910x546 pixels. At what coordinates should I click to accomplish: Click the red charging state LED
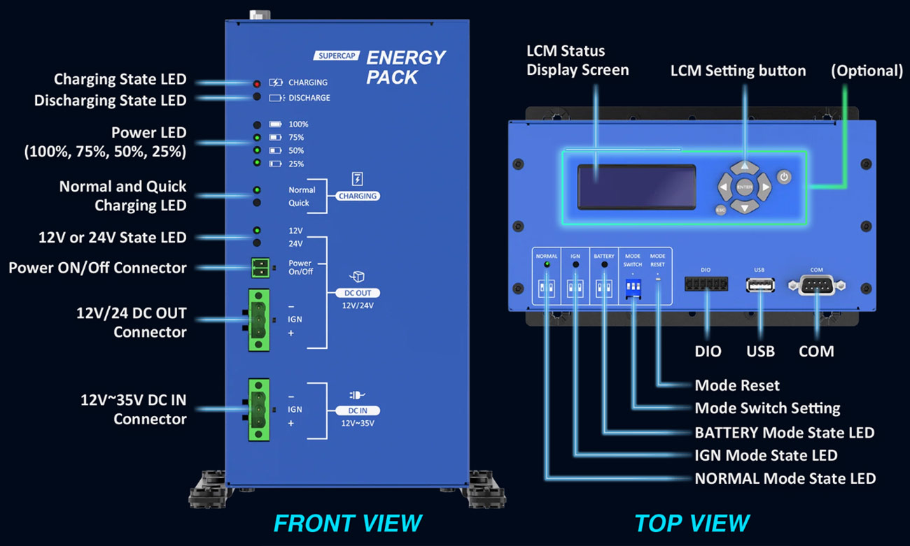(257, 83)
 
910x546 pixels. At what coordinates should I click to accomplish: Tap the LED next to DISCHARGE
(257, 97)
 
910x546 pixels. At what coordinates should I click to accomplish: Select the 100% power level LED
(257, 124)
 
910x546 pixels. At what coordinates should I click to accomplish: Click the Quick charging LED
(257, 203)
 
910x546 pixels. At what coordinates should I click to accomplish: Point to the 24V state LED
(257, 243)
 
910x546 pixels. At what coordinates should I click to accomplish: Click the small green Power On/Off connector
(260, 267)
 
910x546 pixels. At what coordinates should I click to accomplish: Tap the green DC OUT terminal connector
(258, 319)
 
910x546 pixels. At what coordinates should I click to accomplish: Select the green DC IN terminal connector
(258, 409)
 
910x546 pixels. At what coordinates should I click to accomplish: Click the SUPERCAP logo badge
(336, 56)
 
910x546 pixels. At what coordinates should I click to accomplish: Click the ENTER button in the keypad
(744, 187)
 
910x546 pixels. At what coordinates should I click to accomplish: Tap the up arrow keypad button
(745, 168)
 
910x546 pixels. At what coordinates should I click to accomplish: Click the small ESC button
(720, 210)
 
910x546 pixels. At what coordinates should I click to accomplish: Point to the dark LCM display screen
(636, 187)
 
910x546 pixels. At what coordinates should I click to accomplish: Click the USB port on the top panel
(760, 285)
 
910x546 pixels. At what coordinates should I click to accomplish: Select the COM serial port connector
(816, 285)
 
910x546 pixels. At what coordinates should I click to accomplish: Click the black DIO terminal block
(706, 284)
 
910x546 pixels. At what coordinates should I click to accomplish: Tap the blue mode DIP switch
(633, 288)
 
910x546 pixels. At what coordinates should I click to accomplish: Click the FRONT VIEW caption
(347, 523)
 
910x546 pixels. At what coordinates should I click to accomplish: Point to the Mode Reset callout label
(736, 385)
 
